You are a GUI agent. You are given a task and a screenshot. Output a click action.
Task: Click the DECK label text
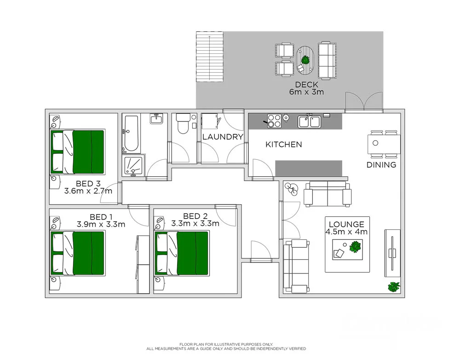306,85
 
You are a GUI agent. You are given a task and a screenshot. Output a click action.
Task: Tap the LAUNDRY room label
223,137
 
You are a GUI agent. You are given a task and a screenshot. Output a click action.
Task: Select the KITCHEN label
284,145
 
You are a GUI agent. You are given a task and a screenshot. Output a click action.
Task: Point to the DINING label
381,165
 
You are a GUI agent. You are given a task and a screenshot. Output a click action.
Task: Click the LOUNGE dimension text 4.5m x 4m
347,232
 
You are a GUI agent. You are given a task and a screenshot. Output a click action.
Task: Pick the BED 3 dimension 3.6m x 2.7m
88,191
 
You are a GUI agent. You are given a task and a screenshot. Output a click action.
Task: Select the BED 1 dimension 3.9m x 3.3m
101,225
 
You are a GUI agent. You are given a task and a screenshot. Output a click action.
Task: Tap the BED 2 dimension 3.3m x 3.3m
195,224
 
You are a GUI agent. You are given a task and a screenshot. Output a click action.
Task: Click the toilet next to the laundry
184,123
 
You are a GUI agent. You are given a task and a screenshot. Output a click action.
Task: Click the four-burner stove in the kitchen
274,121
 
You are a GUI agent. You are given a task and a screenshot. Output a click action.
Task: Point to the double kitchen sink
310,122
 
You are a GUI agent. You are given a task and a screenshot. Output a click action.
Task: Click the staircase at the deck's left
209,57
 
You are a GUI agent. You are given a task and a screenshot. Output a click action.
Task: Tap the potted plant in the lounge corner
394,286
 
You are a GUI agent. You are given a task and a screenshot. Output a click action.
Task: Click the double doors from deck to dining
363,101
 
